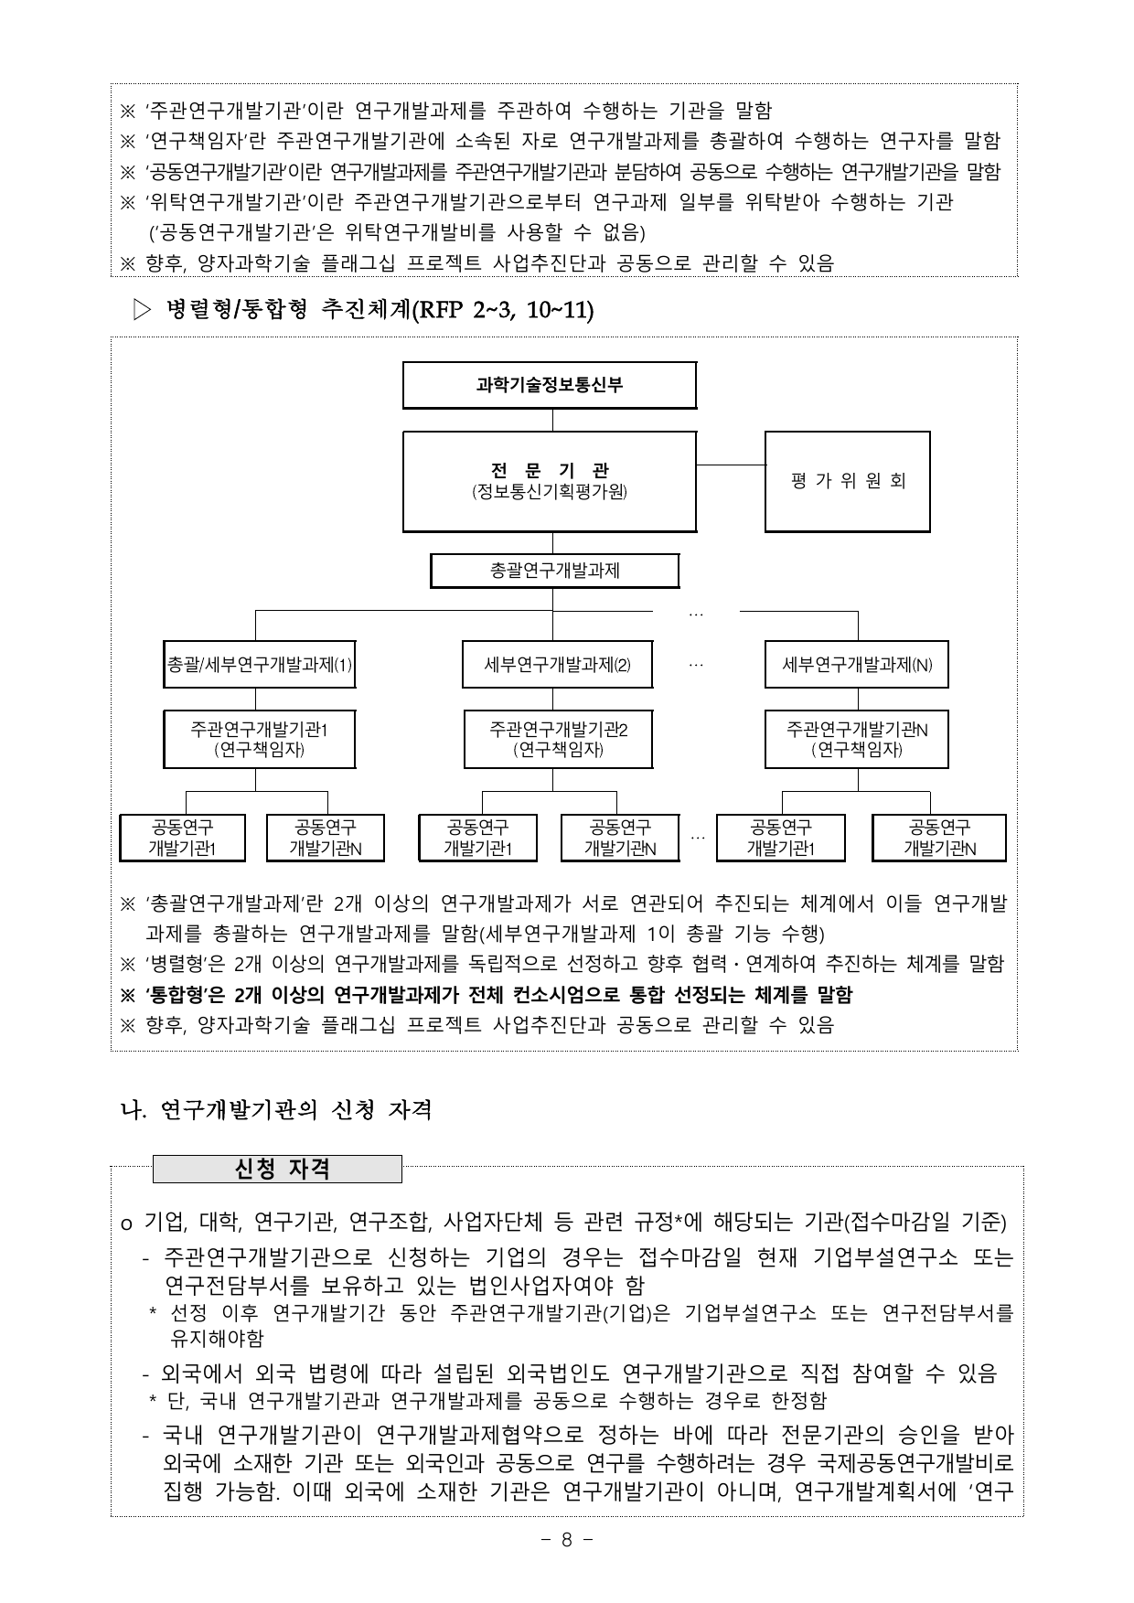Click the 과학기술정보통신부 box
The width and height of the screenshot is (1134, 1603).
pos(549,385)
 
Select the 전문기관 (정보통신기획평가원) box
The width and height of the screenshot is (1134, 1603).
pos(549,481)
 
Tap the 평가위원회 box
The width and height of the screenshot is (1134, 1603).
pos(847,481)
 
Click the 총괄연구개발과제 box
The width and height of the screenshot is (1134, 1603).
pos(554,571)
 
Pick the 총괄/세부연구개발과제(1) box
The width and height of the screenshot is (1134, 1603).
pos(259,665)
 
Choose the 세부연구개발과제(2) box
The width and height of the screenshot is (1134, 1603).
pos(557,665)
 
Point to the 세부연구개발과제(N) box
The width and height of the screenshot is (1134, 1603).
pos(856,665)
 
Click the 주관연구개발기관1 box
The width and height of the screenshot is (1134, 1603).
pos(259,739)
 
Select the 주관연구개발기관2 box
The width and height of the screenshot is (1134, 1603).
pos(557,739)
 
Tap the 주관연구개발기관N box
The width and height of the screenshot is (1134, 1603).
pos(856,739)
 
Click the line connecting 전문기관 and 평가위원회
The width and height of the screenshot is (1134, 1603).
pos(731,465)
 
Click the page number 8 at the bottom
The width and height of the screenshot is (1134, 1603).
pos(566,1539)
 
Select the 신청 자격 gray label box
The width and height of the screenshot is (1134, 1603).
pos(277,1169)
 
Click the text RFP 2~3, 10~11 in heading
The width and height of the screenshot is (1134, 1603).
pos(503,311)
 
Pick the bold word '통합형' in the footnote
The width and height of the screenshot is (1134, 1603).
pos(177,994)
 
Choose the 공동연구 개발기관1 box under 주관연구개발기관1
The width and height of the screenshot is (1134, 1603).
pos(182,838)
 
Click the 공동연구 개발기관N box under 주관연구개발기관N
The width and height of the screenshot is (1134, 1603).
pos(938,838)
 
